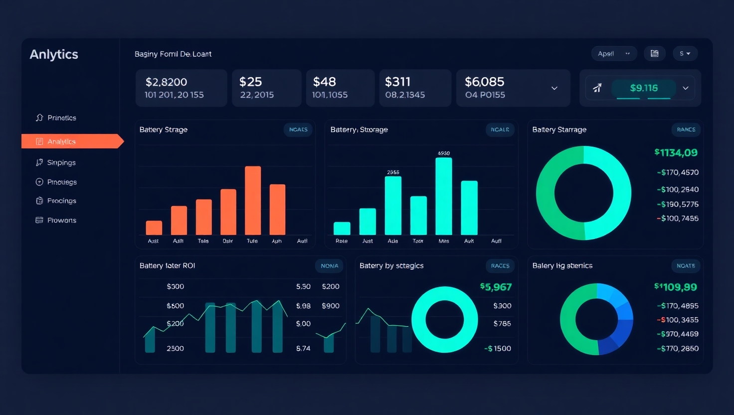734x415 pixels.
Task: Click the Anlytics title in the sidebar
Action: click(54, 54)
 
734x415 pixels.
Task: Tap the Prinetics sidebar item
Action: click(61, 118)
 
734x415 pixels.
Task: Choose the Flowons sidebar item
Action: click(61, 220)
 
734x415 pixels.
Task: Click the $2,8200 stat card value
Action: click(166, 82)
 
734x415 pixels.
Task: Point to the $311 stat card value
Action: click(397, 82)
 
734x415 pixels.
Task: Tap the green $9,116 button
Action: click(643, 88)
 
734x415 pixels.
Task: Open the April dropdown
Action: click(614, 54)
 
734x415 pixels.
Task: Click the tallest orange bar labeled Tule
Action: click(253, 200)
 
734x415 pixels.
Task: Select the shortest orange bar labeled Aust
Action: click(154, 227)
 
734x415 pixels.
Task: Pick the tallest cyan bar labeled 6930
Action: click(443, 196)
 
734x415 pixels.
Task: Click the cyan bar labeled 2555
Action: click(393, 205)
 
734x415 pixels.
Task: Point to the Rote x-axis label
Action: click(342, 241)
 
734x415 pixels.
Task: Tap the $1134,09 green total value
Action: click(676, 153)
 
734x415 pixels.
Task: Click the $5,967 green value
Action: click(496, 287)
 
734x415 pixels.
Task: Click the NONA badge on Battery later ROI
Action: click(329, 266)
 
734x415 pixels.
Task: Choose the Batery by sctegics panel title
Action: click(391, 266)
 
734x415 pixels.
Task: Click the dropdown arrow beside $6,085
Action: click(554, 88)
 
